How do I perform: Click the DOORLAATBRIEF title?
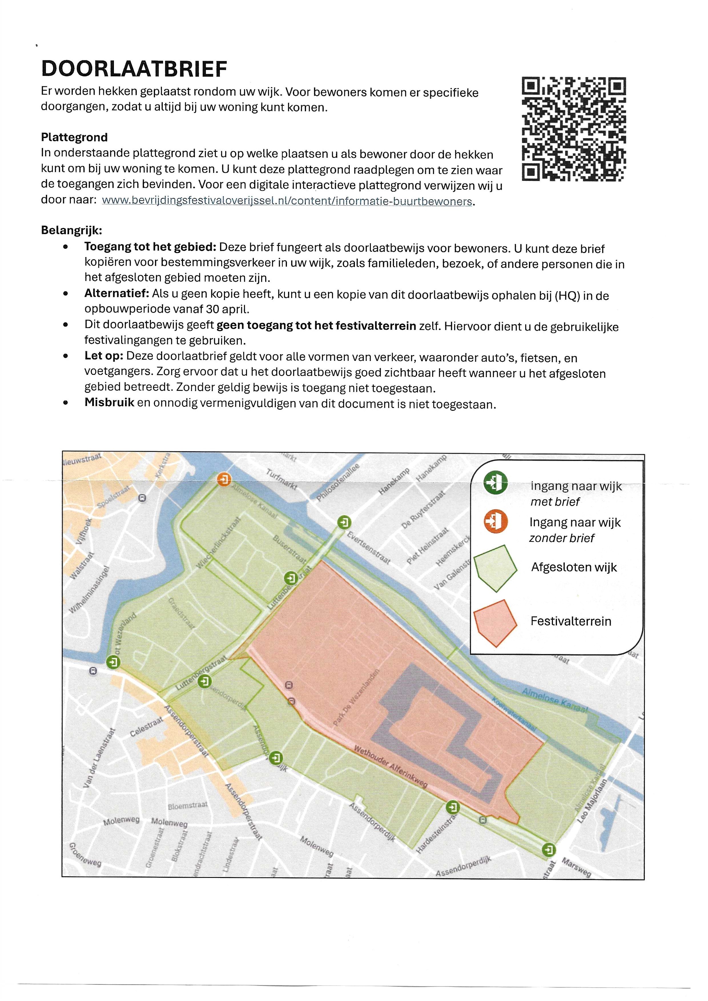pyautogui.click(x=134, y=69)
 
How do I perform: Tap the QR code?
pyautogui.click(x=574, y=129)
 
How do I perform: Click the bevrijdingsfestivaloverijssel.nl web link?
pyautogui.click(x=287, y=201)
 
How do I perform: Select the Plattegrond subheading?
pyautogui.click(x=74, y=137)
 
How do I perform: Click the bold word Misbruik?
pyautogui.click(x=109, y=402)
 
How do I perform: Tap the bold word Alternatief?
pyautogui.click(x=117, y=294)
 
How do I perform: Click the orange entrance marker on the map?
pyautogui.click(x=224, y=480)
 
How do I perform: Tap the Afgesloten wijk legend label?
pyautogui.click(x=574, y=567)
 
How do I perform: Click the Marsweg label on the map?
pyautogui.click(x=576, y=867)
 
